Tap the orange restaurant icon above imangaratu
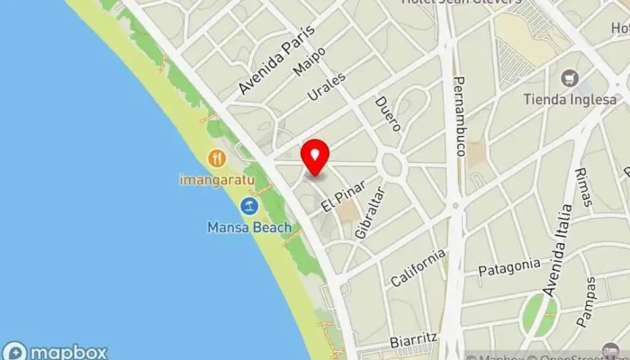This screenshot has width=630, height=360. point(216,159)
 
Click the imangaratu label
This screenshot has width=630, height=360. point(216,180)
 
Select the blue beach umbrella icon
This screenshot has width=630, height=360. point(249,206)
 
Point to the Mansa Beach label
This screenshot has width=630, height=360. point(248,228)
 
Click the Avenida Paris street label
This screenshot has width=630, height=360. point(277,60)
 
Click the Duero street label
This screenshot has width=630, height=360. point(388,114)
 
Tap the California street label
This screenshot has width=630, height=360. point(418,268)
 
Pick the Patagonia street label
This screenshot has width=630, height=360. point(509,267)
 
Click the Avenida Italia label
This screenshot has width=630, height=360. point(557,250)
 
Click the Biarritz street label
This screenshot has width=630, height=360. point(414,341)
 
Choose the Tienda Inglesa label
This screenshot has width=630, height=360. point(575,99)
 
